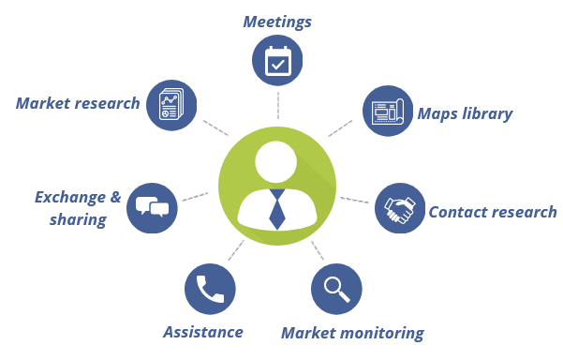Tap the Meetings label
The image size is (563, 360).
tap(277, 20)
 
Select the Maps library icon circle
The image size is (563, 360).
tap(387, 111)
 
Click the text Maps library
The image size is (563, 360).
tap(465, 114)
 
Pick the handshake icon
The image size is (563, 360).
tap(401, 208)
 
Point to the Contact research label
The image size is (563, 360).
tap(492, 212)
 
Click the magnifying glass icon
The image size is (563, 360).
tap(337, 289)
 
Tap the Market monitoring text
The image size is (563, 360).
tap(352, 333)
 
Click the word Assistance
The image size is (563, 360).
tap(203, 332)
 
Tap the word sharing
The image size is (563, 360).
tap(79, 220)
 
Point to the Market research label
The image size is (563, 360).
tap(78, 103)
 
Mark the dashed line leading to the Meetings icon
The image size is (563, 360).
tap(278, 103)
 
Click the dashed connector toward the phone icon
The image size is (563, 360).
tap(234, 250)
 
